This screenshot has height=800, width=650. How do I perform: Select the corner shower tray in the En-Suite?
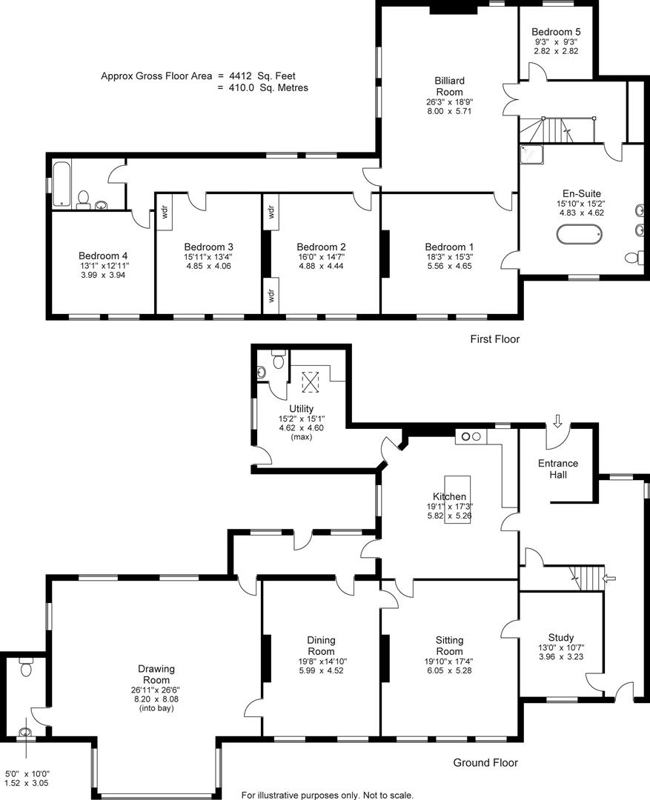(x=531, y=154)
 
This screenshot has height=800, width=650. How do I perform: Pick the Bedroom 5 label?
(x=555, y=32)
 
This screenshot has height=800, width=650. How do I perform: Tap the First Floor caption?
(x=494, y=339)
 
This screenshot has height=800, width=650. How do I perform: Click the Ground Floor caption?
(x=485, y=762)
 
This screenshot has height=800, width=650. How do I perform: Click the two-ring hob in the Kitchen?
(x=471, y=436)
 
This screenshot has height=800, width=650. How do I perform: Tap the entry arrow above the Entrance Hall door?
(x=557, y=421)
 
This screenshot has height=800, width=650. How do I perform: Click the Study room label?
(x=560, y=637)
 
